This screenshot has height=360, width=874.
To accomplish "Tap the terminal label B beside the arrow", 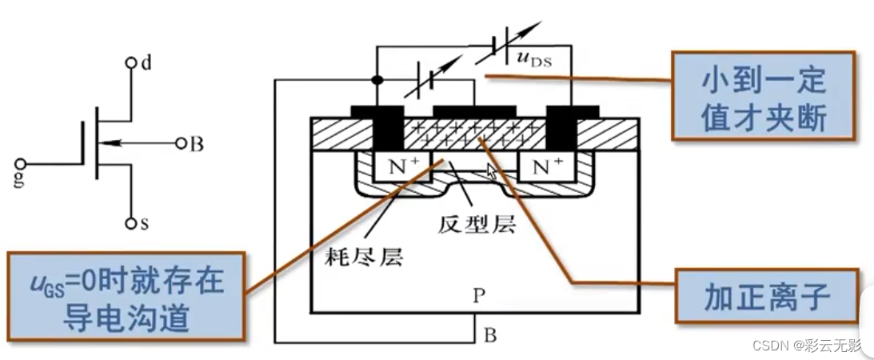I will click(x=197, y=145).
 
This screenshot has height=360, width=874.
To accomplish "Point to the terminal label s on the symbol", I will click(x=145, y=224).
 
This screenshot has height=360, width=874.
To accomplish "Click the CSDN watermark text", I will click(x=808, y=346).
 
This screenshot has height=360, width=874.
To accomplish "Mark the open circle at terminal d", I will click(x=130, y=62).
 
